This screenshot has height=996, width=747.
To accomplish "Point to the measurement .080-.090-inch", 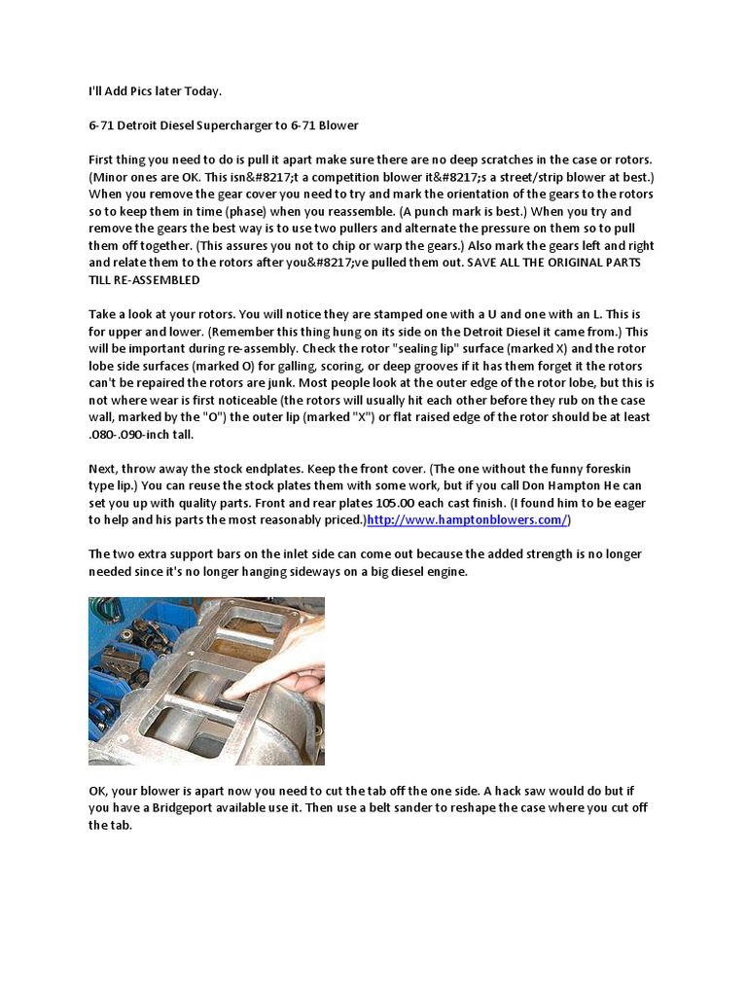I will pos(136,434).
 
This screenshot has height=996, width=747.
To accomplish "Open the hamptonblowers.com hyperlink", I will pos(466,520).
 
